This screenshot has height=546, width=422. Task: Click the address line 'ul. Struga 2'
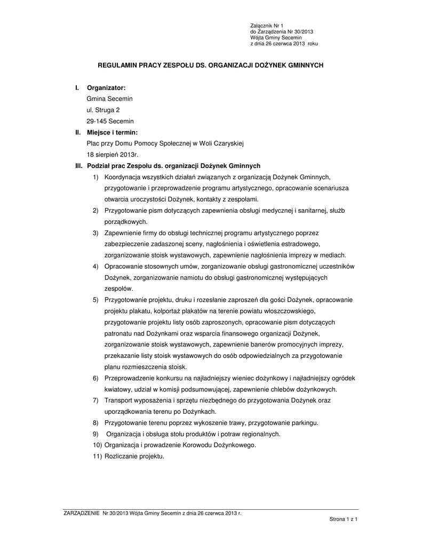(103, 110)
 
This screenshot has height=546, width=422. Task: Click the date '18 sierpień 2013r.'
(112, 155)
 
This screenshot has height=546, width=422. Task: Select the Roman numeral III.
(78, 166)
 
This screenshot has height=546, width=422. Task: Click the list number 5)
(96, 300)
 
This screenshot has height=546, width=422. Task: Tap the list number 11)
(97, 456)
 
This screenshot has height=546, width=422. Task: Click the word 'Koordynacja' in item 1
(122, 177)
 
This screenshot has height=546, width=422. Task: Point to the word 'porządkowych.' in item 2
(126, 221)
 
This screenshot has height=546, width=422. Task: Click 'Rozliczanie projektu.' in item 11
(134, 456)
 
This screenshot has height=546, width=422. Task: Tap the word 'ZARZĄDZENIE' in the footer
(81, 513)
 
